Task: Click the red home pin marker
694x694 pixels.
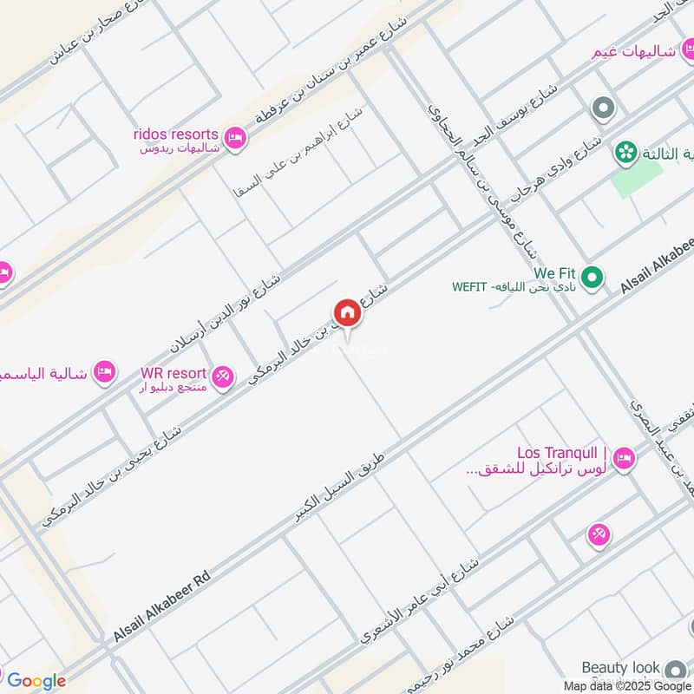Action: tap(347, 313)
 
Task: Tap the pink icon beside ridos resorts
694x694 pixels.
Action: tap(234, 138)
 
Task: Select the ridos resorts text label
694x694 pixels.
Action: tap(176, 134)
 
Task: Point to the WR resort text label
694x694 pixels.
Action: tap(173, 373)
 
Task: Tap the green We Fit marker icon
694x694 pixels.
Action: tap(592, 278)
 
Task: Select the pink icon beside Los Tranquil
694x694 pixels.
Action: tap(623, 457)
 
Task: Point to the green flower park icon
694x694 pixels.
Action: tap(623, 153)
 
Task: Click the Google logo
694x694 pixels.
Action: tap(36, 681)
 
